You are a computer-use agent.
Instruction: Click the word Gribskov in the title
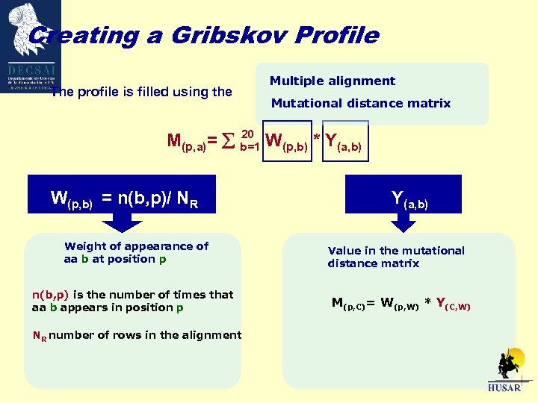tap(242, 36)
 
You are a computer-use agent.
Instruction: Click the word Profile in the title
tap(340, 36)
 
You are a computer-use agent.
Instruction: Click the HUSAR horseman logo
tap(504, 369)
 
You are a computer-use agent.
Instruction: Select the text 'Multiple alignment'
tap(332, 81)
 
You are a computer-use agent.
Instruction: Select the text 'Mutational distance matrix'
tap(361, 104)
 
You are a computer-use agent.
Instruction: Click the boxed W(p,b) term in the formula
tap(286, 140)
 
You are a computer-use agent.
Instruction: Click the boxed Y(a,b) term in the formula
tap(344, 140)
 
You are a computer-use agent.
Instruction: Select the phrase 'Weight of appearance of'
tap(137, 246)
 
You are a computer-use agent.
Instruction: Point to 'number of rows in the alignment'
tap(146, 335)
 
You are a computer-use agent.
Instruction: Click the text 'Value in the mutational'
tap(396, 251)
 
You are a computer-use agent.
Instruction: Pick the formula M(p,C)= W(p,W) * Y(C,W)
tap(401, 303)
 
